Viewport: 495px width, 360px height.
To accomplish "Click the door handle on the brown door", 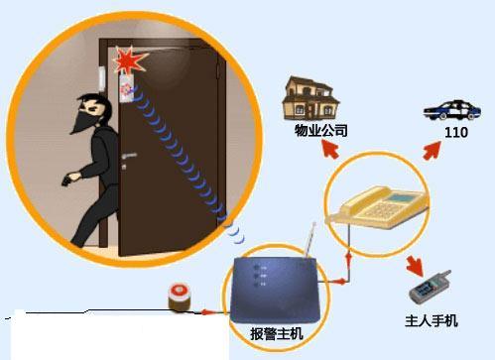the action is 127,156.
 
